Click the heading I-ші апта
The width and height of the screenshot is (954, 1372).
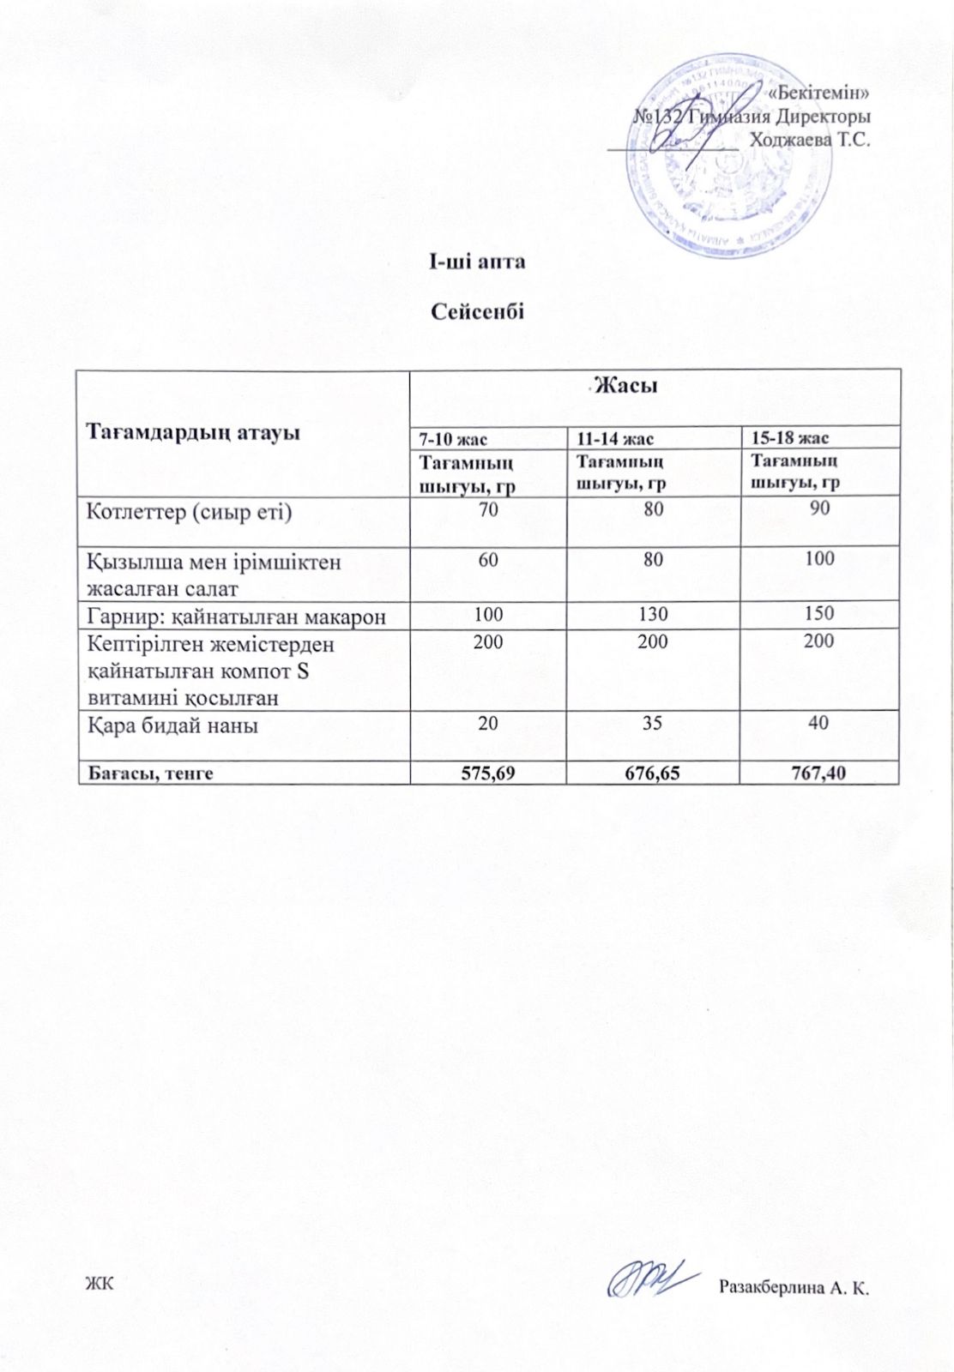pos(477,261)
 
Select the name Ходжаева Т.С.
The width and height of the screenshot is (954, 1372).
pos(810,140)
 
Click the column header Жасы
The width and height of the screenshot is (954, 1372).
pos(626,386)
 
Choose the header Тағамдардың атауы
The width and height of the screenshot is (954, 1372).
pos(193,431)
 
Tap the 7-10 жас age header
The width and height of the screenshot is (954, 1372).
pos(453,439)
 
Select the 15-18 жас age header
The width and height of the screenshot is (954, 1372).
pos(789,438)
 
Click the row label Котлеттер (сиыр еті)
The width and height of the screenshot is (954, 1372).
pos(190,513)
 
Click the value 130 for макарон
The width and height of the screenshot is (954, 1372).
pos(653,614)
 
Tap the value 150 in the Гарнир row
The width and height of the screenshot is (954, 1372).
pos(819,613)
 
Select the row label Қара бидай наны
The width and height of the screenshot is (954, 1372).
pos(172,725)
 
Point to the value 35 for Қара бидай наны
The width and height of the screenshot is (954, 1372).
pos(653,723)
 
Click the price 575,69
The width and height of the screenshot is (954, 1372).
pos(488,773)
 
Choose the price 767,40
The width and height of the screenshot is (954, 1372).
pos(819,773)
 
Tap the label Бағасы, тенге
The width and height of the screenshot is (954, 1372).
pos(150,773)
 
